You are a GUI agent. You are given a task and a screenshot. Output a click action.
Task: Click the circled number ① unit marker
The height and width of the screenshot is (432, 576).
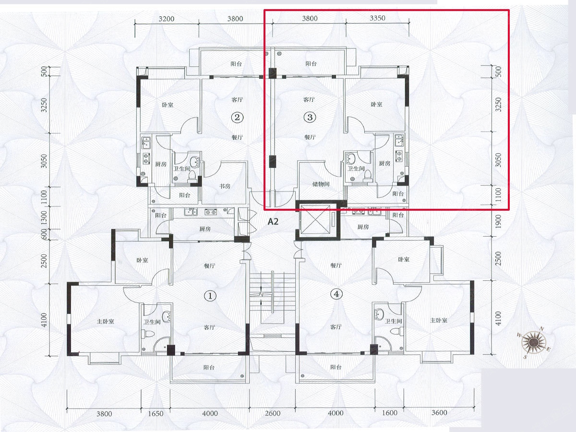coord(210,296)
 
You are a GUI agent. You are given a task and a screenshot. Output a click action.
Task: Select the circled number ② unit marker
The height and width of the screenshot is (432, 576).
coord(237,117)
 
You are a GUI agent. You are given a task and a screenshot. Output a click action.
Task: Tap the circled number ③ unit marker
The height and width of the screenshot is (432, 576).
coord(310,117)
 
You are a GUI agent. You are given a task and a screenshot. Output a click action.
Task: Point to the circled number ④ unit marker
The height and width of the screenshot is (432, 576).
coord(336,294)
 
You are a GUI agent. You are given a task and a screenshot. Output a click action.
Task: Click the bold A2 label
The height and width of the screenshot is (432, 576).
coord(273,222)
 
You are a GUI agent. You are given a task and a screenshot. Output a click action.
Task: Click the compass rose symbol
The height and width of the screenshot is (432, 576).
coord(534,342)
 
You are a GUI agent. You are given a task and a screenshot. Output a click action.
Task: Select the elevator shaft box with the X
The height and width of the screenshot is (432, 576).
coord(318,220)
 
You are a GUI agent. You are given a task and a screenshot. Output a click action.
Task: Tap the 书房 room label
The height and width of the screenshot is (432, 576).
coord(225,186)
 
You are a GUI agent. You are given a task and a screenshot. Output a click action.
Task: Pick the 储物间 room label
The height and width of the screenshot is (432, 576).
coord(321,184)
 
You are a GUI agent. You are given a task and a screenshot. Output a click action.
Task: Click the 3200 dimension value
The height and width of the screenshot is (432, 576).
coord(167,19)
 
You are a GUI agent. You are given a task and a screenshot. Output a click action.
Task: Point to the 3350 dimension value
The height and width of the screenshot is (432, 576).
coord(377,18)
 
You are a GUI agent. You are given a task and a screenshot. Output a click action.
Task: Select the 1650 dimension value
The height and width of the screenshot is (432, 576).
coord(156,414)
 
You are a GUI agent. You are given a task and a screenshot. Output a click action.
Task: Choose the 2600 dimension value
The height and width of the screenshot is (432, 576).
coord(273,413)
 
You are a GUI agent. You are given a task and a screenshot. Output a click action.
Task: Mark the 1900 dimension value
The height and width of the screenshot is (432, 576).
coord(498,221)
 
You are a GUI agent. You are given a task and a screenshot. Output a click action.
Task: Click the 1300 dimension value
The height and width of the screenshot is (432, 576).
coord(44,218)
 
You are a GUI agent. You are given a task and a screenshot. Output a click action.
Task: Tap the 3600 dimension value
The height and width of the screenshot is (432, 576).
coord(439,413)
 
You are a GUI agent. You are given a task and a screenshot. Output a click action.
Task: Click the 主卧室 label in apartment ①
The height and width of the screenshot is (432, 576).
coord(105,321)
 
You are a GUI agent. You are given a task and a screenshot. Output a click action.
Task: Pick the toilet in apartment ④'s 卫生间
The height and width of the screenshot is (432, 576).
coord(396,331)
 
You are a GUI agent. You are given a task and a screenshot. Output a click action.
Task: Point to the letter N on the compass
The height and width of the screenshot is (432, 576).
coord(541,329)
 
